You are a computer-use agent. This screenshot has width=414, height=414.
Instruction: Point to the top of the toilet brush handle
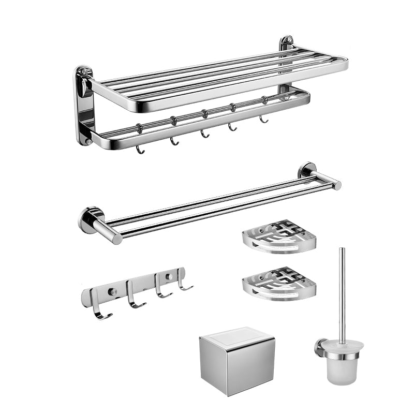tap(342, 251)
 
